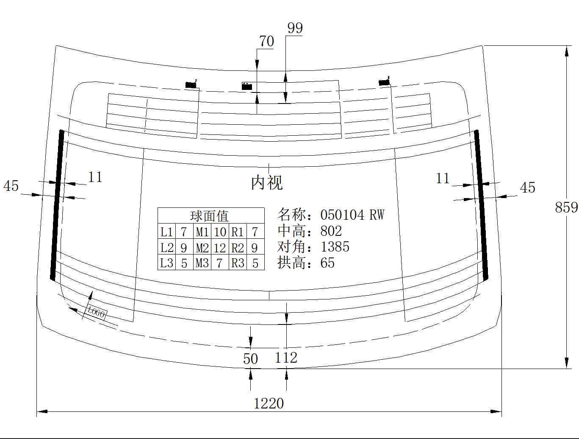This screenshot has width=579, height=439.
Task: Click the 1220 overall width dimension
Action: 269,403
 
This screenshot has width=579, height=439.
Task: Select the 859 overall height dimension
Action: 566,207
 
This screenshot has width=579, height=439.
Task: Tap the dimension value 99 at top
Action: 295,28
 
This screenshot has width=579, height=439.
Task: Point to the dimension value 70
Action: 266,42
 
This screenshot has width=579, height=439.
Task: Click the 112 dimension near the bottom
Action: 286,358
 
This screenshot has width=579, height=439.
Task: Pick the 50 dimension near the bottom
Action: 250,359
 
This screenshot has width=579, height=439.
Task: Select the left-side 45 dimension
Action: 11,186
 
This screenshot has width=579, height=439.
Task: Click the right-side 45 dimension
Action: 527,187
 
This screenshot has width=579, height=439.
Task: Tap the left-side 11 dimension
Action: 95,177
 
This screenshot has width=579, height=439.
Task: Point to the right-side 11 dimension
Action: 443,179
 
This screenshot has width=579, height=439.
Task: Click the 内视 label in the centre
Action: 267,183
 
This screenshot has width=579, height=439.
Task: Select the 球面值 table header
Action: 209,216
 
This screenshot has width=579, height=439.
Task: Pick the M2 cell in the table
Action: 202,248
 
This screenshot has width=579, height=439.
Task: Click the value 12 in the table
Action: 220,248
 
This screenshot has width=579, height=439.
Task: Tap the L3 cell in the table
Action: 166,263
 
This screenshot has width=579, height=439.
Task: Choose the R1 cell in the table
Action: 238,232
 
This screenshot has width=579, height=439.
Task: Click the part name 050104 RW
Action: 352,215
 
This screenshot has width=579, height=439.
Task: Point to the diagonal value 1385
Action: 335,247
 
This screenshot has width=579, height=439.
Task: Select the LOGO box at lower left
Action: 97,313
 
